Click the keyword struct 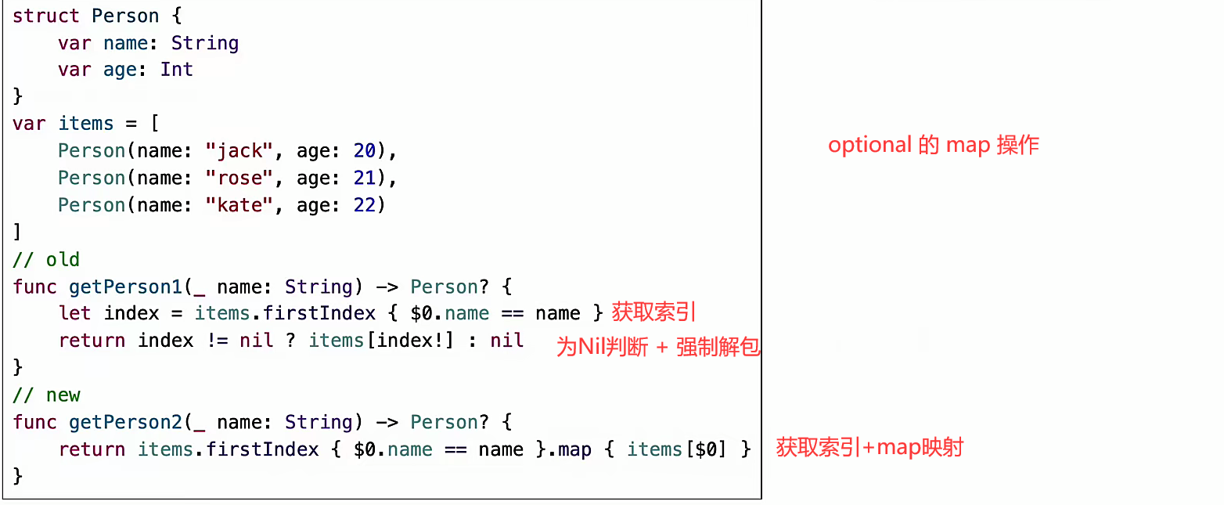[x=46, y=16]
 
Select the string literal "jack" [x=240, y=151]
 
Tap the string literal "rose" [x=240, y=178]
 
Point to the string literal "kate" [x=240, y=205]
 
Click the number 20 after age [x=364, y=151]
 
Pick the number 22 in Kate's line [x=364, y=205]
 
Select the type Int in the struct [x=177, y=70]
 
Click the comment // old [x=46, y=259]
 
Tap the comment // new [x=46, y=395]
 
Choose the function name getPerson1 [x=125, y=287]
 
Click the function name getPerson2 [x=125, y=422]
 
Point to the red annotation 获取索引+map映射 [x=869, y=448]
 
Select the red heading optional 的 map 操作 [x=934, y=146]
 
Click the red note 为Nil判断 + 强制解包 [x=657, y=347]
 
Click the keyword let [x=74, y=313]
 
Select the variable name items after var [x=86, y=124]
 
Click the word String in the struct [x=205, y=43]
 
